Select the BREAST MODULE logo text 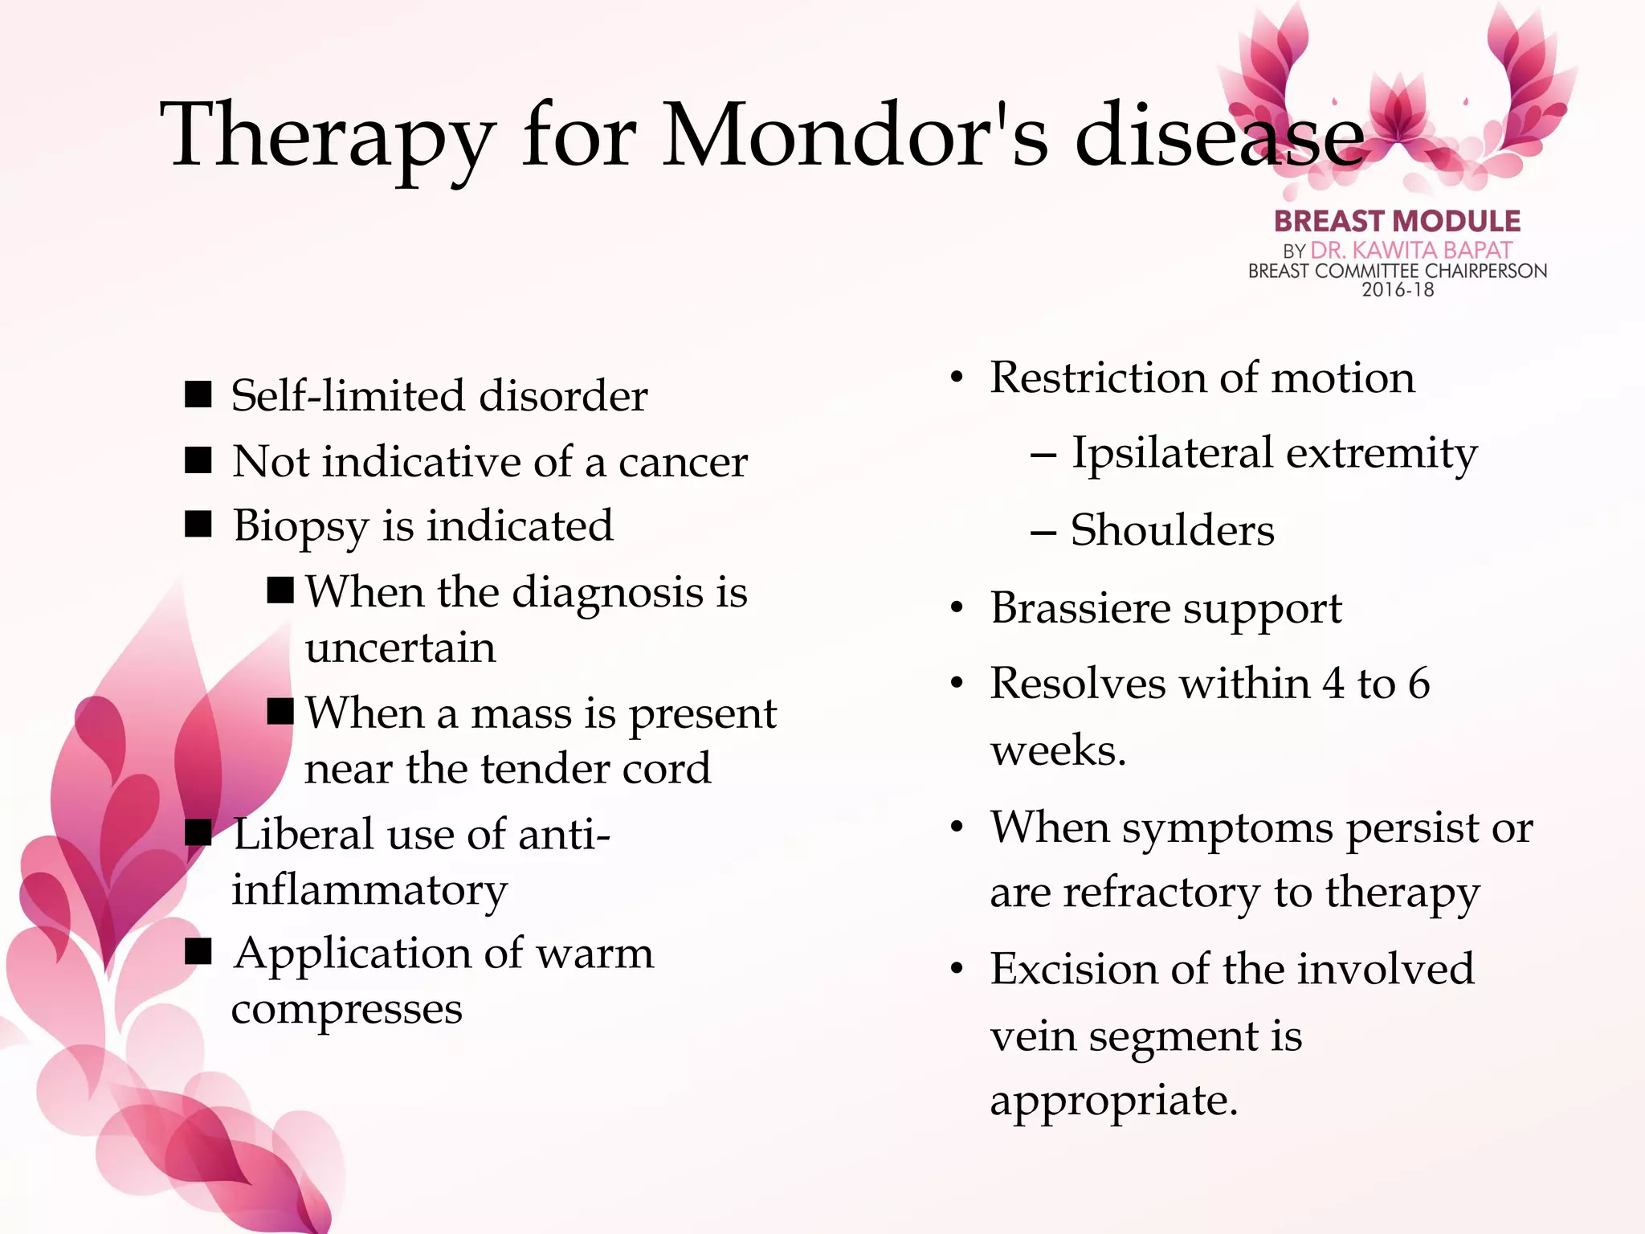coord(1397,221)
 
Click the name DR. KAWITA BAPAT coord(1411,251)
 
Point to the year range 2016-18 coord(1397,290)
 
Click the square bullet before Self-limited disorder coord(198,394)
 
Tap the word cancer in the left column coord(683,462)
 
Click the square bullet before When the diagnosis coord(280,590)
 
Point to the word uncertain coord(400,648)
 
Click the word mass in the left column coord(520,713)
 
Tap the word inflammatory coord(369,890)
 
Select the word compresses coord(346,1009)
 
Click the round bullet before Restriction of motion coord(956,378)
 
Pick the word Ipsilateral coord(1173,453)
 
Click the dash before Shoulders coord(1043,532)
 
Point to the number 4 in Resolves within coord(1333,684)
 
